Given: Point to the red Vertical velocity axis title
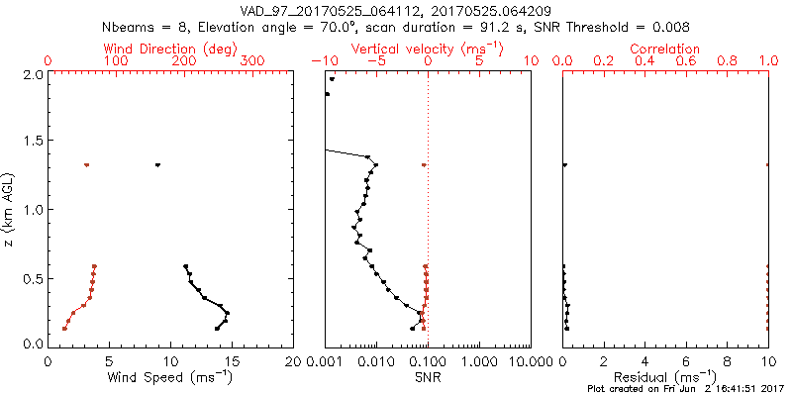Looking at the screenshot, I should click(x=427, y=49).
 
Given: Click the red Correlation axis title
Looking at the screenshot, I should click(x=665, y=49).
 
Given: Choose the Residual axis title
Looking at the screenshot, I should click(x=665, y=377).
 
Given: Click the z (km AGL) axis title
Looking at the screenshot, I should click(x=10, y=209).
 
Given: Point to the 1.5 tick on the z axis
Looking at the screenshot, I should click(x=33, y=142).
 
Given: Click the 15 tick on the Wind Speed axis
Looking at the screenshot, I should click(x=233, y=361).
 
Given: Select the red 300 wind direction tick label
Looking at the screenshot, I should click(x=253, y=61).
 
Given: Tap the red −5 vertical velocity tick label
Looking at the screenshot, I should click(x=374, y=61).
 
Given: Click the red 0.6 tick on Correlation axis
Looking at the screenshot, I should click(x=686, y=61).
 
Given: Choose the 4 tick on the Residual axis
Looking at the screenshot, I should click(x=645, y=361).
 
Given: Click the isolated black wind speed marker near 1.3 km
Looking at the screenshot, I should click(x=157, y=165).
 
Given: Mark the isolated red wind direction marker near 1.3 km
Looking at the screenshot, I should click(x=87, y=165).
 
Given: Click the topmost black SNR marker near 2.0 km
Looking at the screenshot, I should click(x=333, y=79).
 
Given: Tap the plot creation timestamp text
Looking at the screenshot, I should click(x=684, y=389).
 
